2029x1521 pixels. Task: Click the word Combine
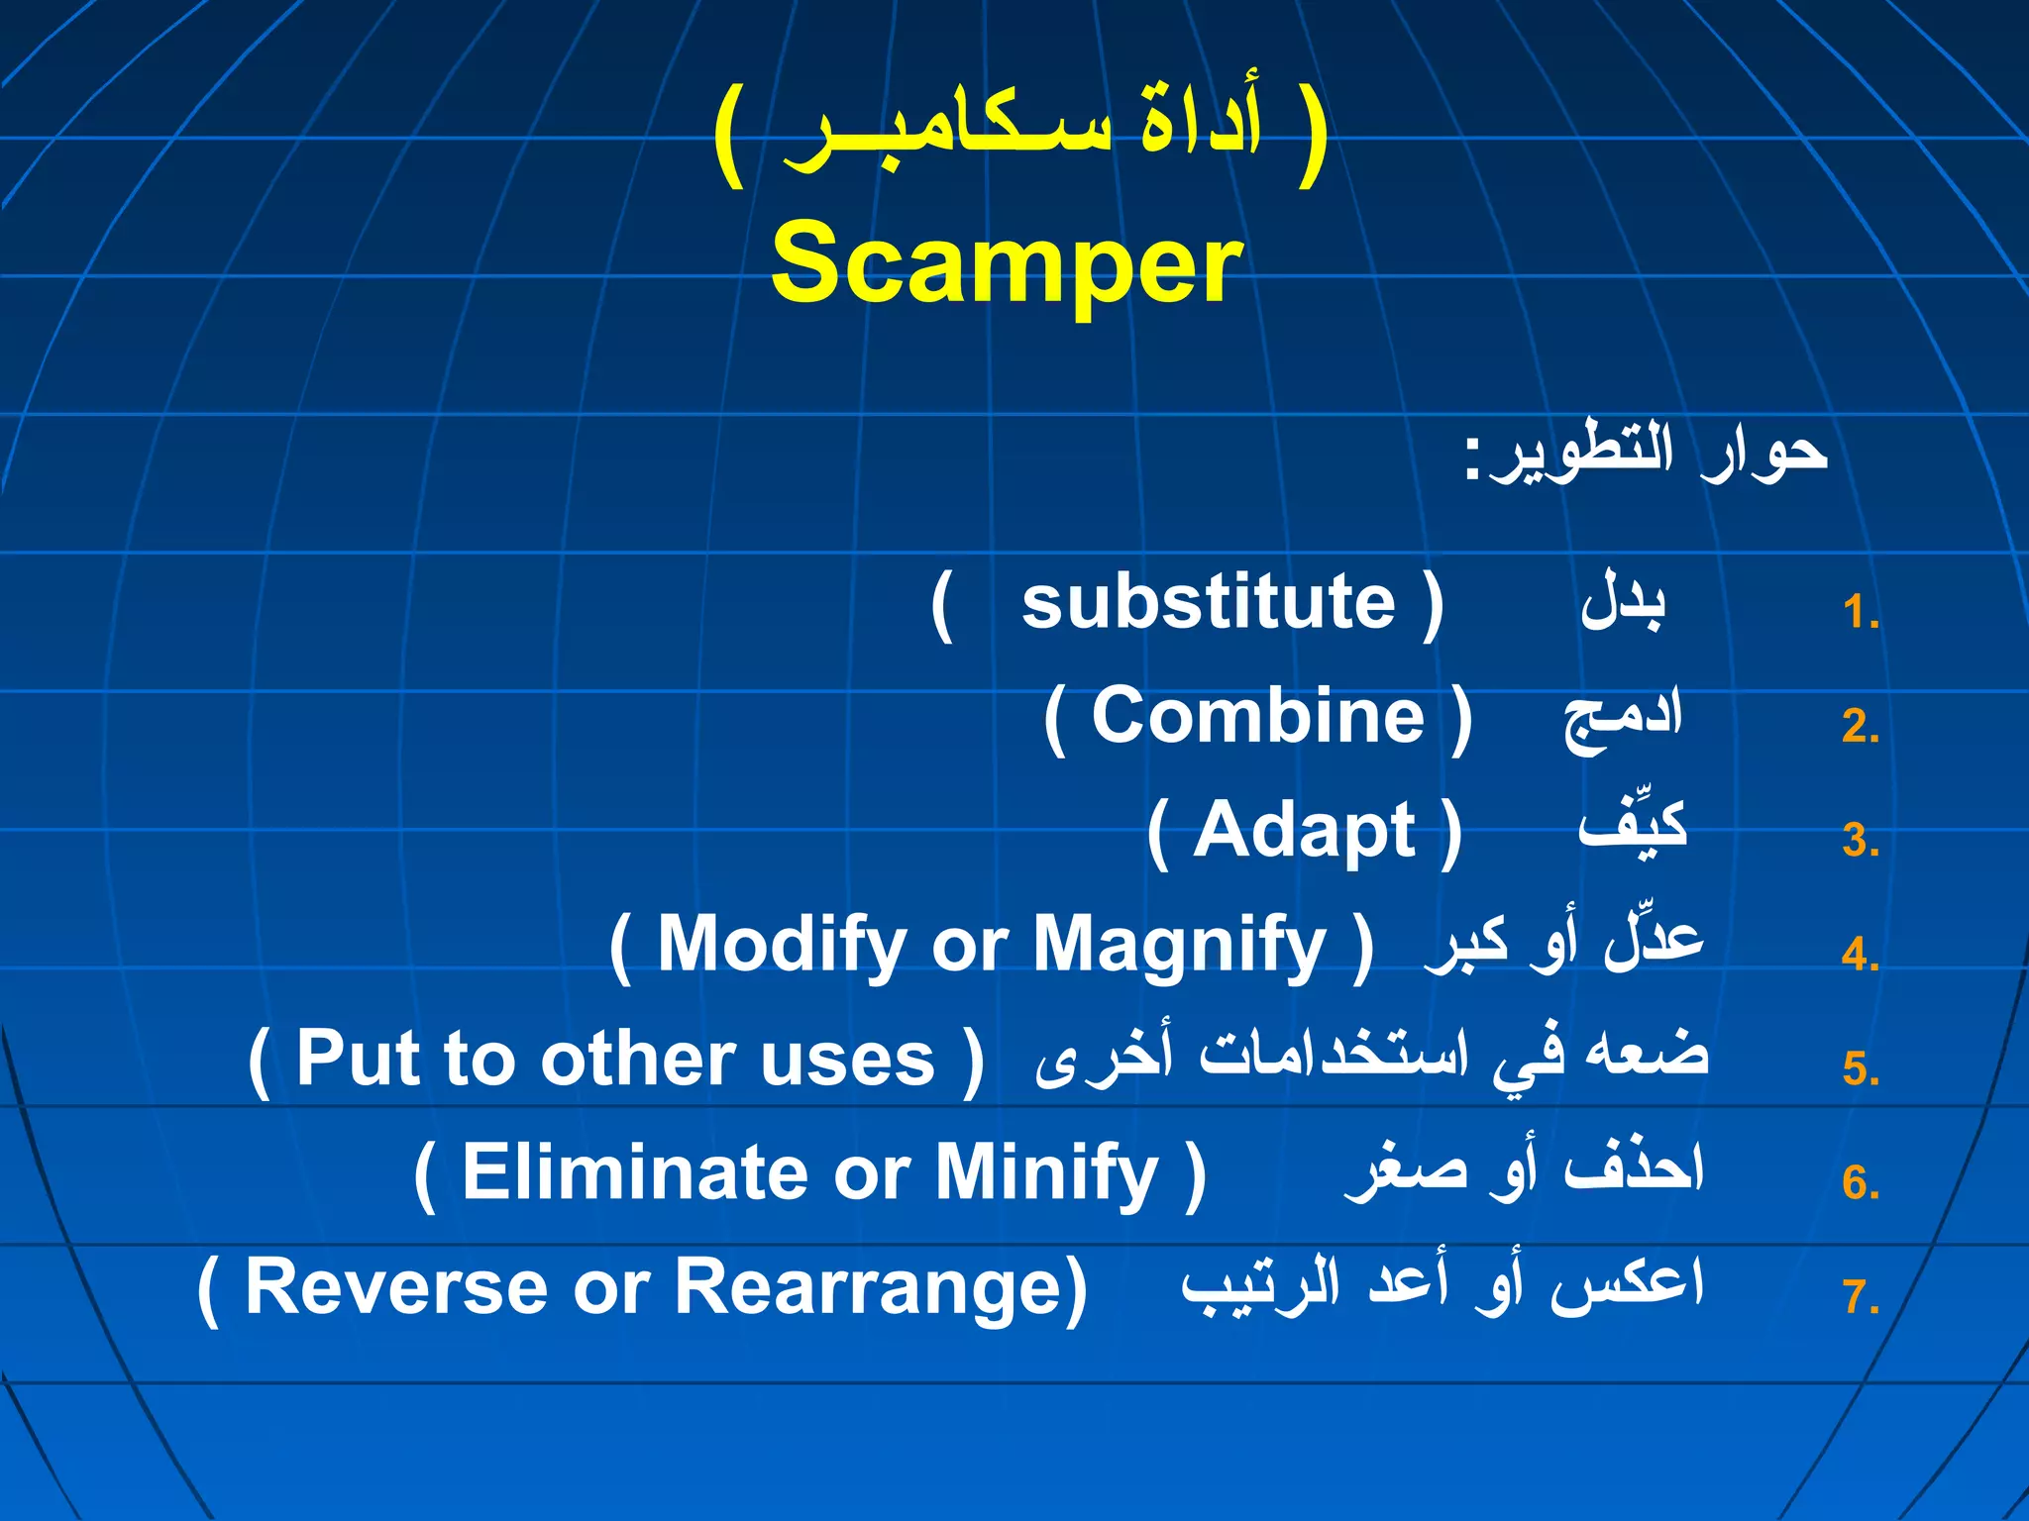point(1257,716)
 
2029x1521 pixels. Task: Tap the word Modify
point(781,945)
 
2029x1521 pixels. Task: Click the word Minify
point(1046,1172)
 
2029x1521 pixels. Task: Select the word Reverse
point(395,1286)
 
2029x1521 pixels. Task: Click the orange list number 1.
point(1860,613)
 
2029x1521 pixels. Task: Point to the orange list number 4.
point(1860,956)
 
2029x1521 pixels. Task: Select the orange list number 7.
point(1860,1297)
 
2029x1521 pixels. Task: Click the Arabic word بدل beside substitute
point(1623,602)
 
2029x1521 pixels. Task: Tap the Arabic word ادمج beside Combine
point(1622,718)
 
